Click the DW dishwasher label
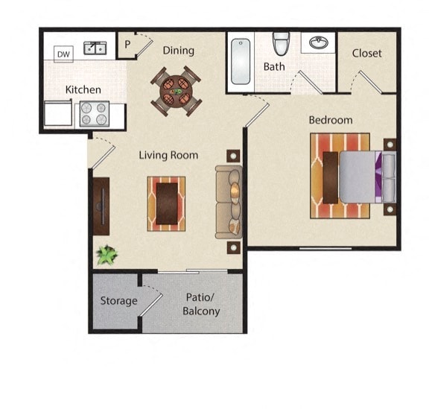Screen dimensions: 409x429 63,54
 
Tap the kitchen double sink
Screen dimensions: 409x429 95,49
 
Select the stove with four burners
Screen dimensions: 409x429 95,113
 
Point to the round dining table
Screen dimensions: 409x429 177,92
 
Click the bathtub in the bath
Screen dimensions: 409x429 240,61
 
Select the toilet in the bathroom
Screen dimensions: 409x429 281,44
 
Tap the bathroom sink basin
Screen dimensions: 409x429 320,43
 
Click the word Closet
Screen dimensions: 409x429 366,53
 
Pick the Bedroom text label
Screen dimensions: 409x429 331,120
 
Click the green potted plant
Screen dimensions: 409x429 107,255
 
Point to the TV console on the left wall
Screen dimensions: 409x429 101,206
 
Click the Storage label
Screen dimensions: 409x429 118,301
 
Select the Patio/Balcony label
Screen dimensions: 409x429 201,303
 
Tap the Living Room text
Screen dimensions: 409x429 169,155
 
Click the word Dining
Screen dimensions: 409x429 178,51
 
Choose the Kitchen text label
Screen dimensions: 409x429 83,89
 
